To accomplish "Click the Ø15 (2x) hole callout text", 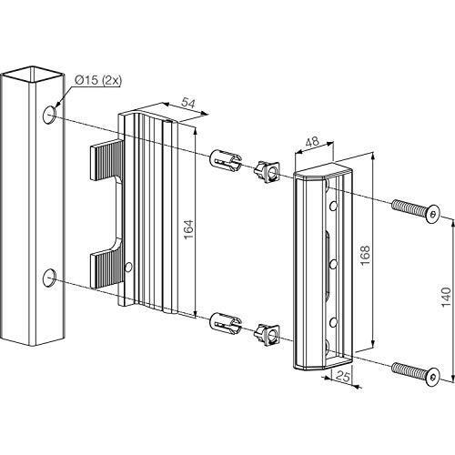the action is point(97,81).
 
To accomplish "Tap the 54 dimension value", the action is point(188,103).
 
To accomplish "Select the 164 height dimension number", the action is point(188,229).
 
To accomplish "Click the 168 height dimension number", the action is point(365,255).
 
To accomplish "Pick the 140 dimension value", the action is point(446,297).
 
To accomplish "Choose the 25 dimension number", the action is point(343,377).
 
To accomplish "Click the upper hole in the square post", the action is point(49,115).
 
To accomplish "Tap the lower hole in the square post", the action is point(49,278).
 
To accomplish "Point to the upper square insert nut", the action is point(267,172).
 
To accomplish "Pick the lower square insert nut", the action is point(267,335).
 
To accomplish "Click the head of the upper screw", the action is point(432,214).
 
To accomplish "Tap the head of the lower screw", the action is point(432,377).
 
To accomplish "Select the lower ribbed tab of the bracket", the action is point(107,268).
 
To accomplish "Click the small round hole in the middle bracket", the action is point(129,267).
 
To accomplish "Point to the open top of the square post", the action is point(33,75).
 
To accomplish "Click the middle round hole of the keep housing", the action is point(333,264).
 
